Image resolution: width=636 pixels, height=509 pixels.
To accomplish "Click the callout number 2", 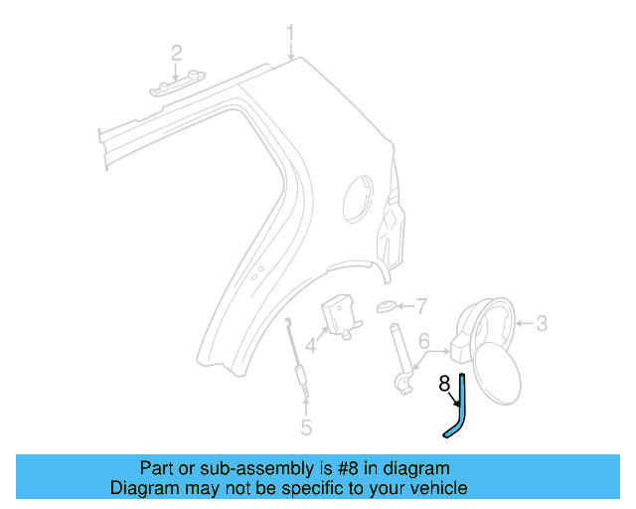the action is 177,52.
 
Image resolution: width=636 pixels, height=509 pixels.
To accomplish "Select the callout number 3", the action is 542,323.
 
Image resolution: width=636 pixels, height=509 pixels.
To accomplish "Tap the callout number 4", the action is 311,347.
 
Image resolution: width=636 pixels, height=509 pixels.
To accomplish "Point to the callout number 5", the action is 306,428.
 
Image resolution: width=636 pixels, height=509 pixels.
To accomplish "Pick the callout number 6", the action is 423,341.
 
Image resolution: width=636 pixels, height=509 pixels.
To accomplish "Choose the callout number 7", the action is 420,305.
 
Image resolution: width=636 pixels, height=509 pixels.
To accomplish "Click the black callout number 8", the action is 444,383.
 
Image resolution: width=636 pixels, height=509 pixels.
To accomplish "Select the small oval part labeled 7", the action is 388,306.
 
